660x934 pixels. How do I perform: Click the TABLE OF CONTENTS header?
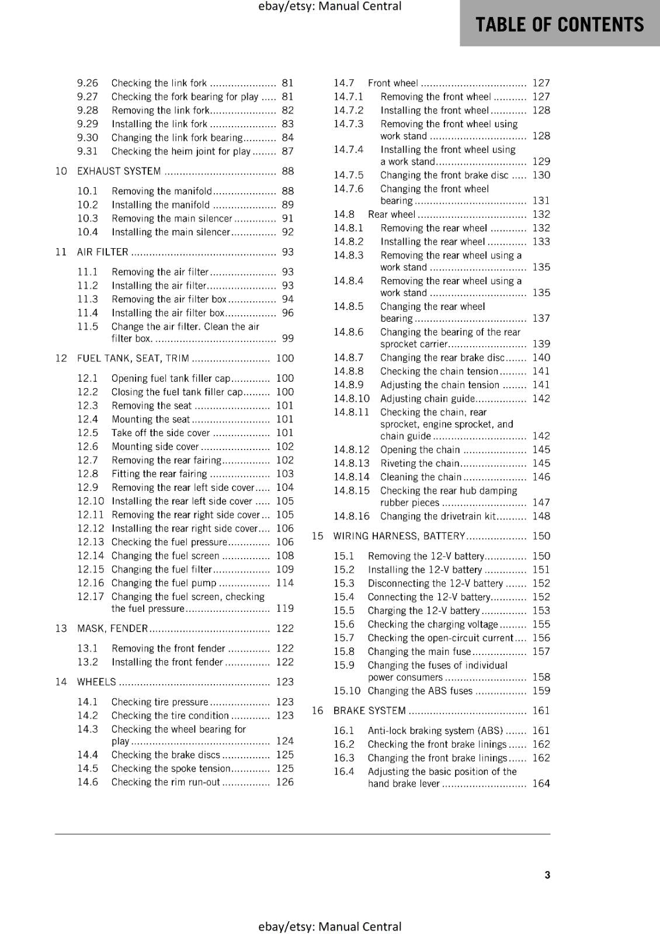coord(560,25)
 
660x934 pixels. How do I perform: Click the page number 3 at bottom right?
coord(547,874)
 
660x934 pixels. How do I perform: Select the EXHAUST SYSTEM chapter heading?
coord(119,171)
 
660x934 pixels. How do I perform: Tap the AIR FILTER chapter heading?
coord(103,252)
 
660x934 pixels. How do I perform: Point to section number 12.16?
coord(91,583)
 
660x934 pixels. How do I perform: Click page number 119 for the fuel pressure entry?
coord(285,608)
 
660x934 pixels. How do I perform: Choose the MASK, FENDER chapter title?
coord(113,629)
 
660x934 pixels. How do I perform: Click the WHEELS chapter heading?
coord(97,682)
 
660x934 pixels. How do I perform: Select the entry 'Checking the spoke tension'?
coord(171,769)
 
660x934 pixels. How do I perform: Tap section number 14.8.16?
coord(352,517)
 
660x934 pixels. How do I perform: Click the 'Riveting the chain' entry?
coord(420,463)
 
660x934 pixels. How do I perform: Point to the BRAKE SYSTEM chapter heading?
coord(369,711)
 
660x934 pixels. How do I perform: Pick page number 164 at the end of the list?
coord(541,783)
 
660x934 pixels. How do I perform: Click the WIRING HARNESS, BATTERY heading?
coord(399,536)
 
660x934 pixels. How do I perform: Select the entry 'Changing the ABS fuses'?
coord(420,691)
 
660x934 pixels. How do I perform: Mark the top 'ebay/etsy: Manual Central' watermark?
coord(329,6)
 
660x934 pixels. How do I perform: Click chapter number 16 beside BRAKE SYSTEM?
coord(317,711)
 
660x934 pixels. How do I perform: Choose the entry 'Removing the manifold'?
coord(162,191)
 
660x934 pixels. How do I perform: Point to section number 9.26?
coord(88,83)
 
